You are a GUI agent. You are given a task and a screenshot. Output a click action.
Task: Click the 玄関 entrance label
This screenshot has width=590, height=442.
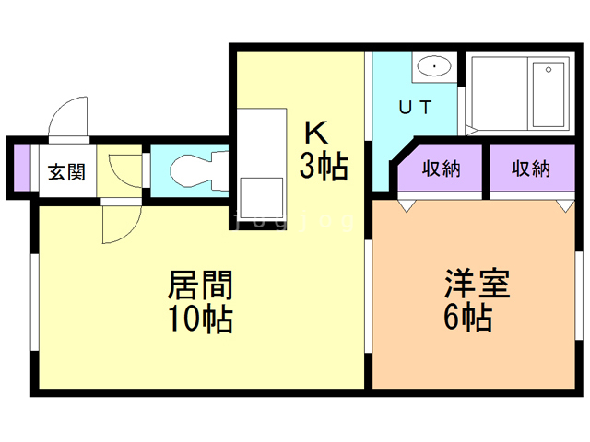[66, 172]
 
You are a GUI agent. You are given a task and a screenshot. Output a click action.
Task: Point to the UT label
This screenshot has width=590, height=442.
[414, 108]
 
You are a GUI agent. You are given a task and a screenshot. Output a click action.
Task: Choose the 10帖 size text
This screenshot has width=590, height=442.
[199, 320]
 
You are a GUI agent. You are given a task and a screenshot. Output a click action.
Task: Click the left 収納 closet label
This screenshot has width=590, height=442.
[442, 169]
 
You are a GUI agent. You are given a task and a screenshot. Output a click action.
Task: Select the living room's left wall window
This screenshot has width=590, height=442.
[35, 299]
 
